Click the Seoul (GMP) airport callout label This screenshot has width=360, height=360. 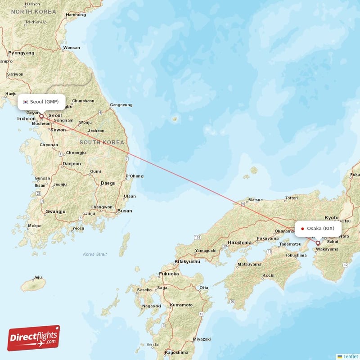(41, 102)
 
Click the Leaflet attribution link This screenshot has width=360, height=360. (350, 356)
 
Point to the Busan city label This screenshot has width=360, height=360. (124, 211)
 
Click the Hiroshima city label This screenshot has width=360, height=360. (239, 242)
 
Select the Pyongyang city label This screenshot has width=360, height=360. (21, 53)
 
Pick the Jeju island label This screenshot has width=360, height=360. (37, 277)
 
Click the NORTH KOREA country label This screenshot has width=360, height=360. (34, 11)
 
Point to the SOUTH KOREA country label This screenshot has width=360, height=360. (101, 142)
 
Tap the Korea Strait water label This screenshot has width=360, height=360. (95, 254)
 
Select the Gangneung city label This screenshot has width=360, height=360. (121, 105)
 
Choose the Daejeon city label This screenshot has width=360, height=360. (72, 164)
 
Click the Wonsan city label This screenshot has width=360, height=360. (72, 48)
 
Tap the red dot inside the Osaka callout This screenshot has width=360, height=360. (302, 229)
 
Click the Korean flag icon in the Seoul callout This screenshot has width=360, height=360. (26, 102)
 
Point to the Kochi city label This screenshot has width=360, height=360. (269, 275)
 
